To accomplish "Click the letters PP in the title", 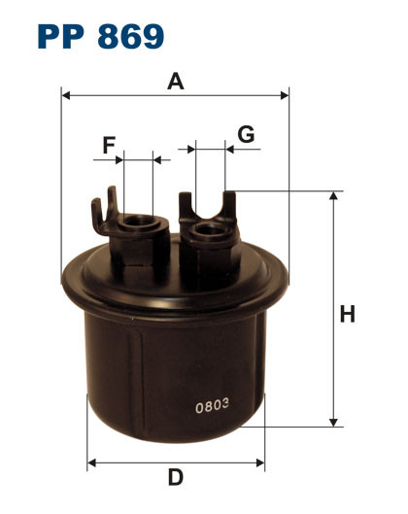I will pos(64,36).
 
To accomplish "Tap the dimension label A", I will pos(176,82).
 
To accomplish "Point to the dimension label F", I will pos(109,145).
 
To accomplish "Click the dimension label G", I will pos(246,134).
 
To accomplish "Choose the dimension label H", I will pos(347,314).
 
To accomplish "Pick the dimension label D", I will pos(175,477).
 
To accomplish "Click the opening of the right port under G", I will pos(208,231).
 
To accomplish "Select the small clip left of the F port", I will pos(99,208).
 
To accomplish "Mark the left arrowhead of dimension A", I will pos(66,95).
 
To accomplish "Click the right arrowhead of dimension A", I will pos(285,95).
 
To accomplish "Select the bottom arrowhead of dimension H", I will pos(334,421).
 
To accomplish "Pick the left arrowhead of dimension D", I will pos(92,460).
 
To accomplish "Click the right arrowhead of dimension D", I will pos(260,460).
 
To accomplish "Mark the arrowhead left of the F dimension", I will pos(119,157).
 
